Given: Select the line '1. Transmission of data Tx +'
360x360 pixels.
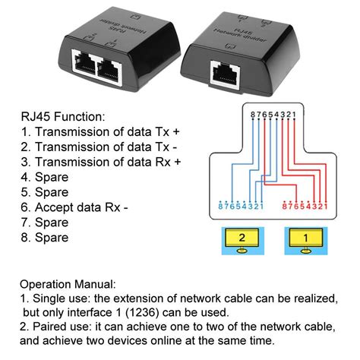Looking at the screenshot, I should pos(101,133).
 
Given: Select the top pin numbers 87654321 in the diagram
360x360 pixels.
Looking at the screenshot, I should pos(271,115).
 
